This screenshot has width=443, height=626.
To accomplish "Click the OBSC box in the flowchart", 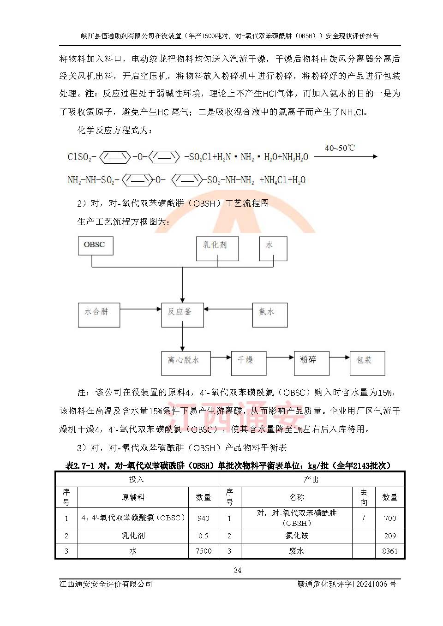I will tap(95, 245).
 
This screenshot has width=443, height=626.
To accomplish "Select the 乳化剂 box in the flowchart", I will tap(217, 249).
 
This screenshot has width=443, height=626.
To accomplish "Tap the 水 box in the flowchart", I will tap(273, 249).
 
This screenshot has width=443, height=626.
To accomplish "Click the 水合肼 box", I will tap(99, 315).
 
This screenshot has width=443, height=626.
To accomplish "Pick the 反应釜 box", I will tap(182, 315).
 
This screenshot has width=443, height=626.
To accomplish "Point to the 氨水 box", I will tap(269, 315).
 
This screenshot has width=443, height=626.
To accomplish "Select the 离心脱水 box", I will tap(186, 364).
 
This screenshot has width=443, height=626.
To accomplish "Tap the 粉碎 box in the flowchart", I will tap(311, 364).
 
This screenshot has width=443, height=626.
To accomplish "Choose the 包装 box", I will tap(367, 364).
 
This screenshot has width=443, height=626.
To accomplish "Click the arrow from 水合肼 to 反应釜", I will tap(140, 309).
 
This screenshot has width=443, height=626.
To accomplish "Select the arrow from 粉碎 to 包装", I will tap(340, 357).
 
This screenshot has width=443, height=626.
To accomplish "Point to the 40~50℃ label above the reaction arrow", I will tap(340, 148).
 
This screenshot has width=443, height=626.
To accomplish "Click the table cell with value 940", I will tap(203, 518).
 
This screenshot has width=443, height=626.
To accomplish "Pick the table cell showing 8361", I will tap(389, 551).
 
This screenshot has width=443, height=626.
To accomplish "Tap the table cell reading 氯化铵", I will tap(297, 536).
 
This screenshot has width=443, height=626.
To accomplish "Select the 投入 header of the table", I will tap(137, 480).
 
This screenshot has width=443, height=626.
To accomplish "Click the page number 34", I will tap(238, 571).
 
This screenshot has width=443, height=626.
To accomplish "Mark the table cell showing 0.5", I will tap(203, 536).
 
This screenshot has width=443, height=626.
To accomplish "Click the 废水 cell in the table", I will tap(297, 551).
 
